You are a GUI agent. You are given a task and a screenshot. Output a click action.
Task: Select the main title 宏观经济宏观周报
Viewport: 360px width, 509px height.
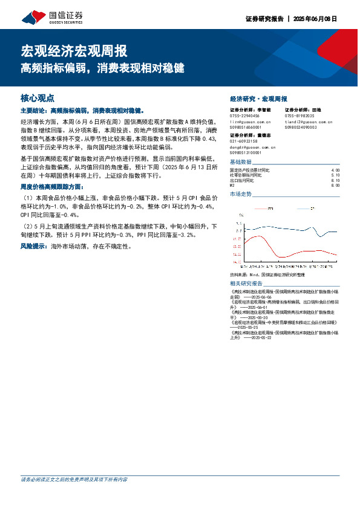[74, 51]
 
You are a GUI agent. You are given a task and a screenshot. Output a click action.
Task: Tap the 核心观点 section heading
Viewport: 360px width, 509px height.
[38, 97]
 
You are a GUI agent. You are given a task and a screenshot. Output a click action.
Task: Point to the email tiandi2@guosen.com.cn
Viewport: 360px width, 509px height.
[309, 122]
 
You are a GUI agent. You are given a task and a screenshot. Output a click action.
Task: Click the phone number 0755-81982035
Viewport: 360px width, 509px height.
[299, 115]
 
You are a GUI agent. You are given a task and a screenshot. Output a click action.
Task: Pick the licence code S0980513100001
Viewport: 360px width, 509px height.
[246, 152]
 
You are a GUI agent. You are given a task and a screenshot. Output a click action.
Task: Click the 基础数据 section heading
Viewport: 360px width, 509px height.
[241, 162]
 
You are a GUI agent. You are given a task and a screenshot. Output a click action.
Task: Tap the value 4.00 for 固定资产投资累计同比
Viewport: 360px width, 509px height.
[336, 170]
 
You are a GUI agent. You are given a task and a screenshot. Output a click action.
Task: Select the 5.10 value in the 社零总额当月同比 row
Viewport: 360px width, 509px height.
[336, 175]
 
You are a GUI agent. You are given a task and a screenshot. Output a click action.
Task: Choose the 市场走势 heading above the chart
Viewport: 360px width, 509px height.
[241, 194]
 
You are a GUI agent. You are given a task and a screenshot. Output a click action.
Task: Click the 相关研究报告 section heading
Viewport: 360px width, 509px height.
[246, 283]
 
